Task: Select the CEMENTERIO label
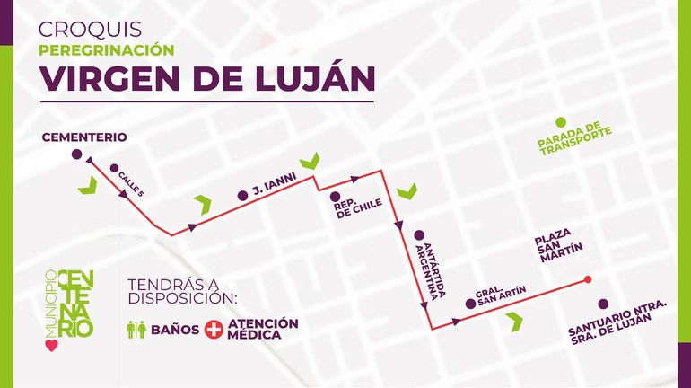pyautogui.click(x=83, y=137)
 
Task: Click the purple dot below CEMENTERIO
pyautogui.click(x=75, y=154)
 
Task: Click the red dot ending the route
pyautogui.click(x=588, y=279)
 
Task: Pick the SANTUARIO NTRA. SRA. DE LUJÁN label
pyautogui.click(x=618, y=321)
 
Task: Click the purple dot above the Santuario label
pyautogui.click(x=603, y=303)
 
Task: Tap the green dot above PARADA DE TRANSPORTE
pyautogui.click(x=561, y=122)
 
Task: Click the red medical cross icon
pyautogui.click(x=214, y=330)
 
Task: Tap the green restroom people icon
pyautogui.click(x=136, y=330)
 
